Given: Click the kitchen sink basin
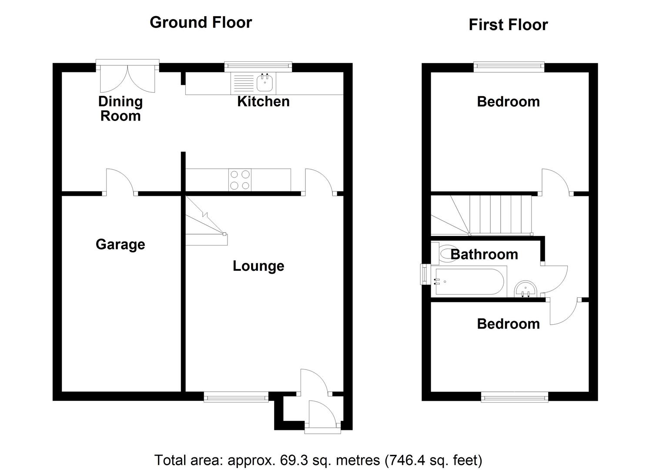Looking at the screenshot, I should click(x=264, y=82).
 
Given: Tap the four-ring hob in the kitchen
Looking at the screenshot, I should click(x=240, y=180).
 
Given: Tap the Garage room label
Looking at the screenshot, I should click(x=120, y=244).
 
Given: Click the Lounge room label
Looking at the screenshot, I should click(x=258, y=266).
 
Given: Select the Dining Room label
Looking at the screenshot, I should click(x=120, y=108).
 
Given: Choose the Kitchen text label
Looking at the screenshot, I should click(x=263, y=101).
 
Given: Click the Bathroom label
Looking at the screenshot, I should click(x=484, y=254).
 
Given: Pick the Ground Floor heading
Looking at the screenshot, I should click(x=201, y=22).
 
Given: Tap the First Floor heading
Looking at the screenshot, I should click(x=508, y=25).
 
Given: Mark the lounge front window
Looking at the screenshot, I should click(x=236, y=396).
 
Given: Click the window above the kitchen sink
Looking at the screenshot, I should click(x=258, y=66).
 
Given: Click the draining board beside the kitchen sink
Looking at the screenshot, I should click(x=244, y=83).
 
